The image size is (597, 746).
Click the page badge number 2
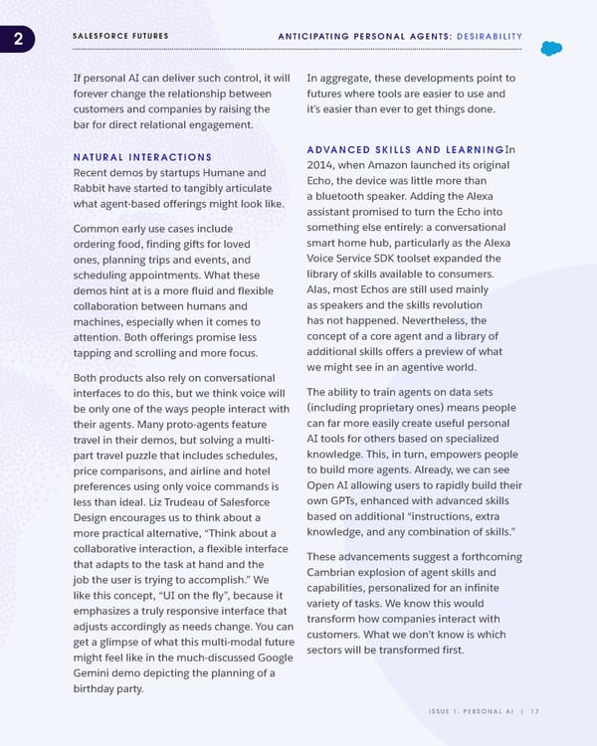point(16,39)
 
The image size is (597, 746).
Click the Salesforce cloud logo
point(550,49)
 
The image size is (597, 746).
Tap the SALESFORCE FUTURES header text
point(120,37)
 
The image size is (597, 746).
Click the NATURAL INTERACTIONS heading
point(142,157)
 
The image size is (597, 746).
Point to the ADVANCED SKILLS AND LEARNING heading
point(405,149)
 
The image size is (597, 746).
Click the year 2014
point(324,165)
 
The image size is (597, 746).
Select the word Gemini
point(95,673)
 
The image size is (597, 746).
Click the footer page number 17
point(534,710)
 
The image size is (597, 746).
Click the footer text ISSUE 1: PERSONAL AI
point(468,710)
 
